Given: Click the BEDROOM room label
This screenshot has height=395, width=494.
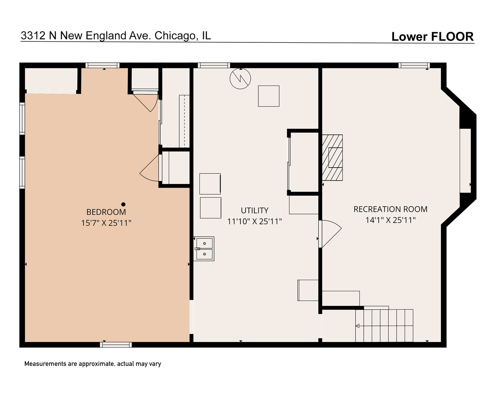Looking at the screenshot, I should coord(106,212).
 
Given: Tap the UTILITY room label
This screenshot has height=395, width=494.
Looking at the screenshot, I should coord(254,210).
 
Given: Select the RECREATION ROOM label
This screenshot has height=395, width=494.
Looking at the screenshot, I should coord(390,209).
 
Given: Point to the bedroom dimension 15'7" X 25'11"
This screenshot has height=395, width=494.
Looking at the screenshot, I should coord(106,223).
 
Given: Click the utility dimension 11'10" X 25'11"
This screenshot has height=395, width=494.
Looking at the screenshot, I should coord(254,221).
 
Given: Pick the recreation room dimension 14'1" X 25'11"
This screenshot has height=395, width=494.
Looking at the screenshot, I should coord(390,220).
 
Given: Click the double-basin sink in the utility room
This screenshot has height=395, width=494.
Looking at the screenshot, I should coord(204,249).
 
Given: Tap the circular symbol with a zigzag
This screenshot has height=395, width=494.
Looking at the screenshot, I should coord(240,78).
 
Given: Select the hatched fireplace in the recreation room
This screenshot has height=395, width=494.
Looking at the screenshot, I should coord(332,158).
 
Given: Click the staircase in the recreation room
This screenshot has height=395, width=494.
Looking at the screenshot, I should coord(384,326).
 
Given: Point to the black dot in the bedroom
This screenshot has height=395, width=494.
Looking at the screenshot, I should coord(123,204).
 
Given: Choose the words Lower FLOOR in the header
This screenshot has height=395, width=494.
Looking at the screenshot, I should coord(432,37).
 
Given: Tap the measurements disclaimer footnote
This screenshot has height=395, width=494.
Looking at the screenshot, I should coord(93,364).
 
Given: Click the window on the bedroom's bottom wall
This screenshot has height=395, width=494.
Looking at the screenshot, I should coord(116,345).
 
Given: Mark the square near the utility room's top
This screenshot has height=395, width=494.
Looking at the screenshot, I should coord(269,96).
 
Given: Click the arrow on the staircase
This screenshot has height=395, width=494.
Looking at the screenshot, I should coord(358,326).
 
